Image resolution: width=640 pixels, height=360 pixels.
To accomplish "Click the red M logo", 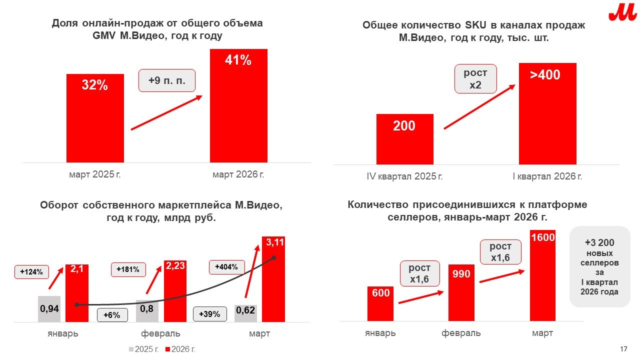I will click(622, 12).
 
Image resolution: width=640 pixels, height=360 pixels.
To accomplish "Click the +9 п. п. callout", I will click(167, 80).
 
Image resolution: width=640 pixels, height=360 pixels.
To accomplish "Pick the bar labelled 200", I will click(404, 139).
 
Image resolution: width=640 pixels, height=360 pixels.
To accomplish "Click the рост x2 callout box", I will click(475, 78).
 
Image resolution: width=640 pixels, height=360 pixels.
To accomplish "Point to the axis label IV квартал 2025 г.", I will click(405, 176).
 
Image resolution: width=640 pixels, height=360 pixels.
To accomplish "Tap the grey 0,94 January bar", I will click(49, 308).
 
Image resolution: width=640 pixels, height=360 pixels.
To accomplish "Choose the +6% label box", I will click(112, 315).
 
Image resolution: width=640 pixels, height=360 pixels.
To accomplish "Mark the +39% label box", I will click(209, 314).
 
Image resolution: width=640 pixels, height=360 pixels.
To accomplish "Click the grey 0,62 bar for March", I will click(245, 312).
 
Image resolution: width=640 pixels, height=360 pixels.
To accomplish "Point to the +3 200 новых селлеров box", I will click(599, 266).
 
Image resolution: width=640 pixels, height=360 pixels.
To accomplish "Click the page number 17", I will click(623, 348).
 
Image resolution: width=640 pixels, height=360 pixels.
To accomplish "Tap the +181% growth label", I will click(128, 269).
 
